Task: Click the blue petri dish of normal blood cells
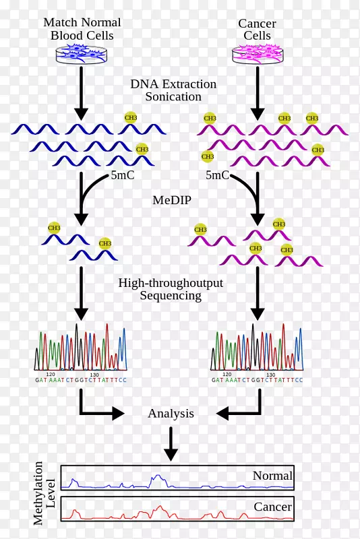pyautogui.click(x=81, y=53)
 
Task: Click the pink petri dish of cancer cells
pyautogui.click(x=257, y=53)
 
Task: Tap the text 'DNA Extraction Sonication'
pyautogui.click(x=173, y=90)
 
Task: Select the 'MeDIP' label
pyautogui.click(x=169, y=200)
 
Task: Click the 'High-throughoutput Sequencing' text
pyautogui.click(x=171, y=289)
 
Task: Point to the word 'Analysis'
pyautogui.click(x=171, y=413)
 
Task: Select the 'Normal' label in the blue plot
pyautogui.click(x=272, y=476)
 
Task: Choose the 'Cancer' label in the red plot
pyautogui.click(x=272, y=507)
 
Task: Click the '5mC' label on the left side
pyautogui.click(x=123, y=176)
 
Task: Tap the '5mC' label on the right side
pyautogui.click(x=218, y=176)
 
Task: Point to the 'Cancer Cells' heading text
pyautogui.click(x=257, y=30)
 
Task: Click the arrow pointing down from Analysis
pyautogui.click(x=171, y=445)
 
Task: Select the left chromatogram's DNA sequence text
pyautogui.click(x=81, y=380)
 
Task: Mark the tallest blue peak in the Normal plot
pyautogui.click(x=157, y=477)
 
